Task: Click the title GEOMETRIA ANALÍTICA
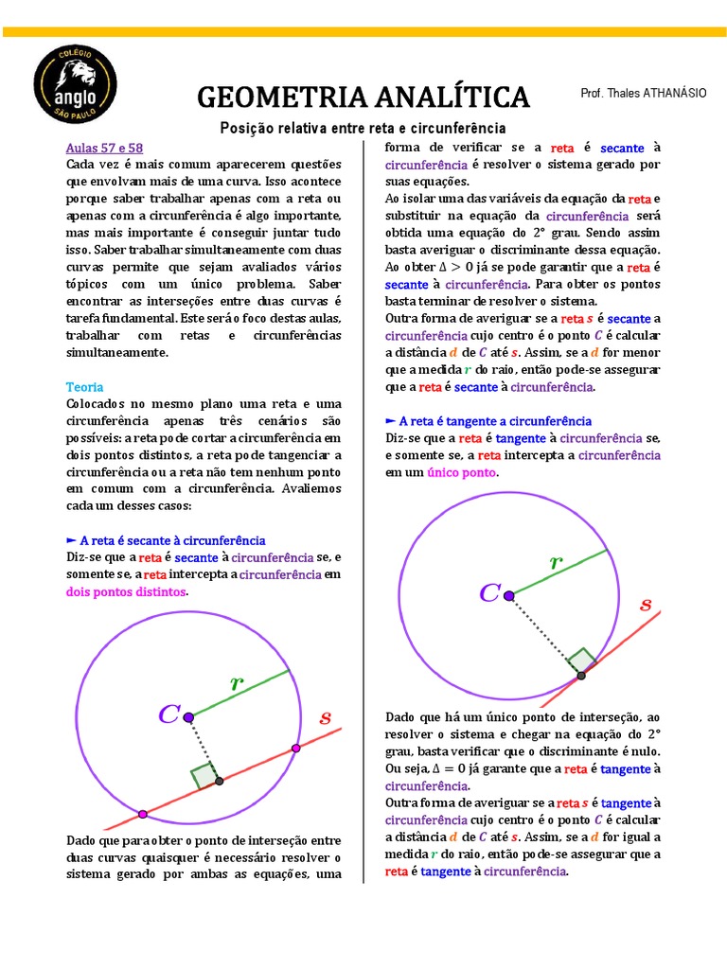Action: pos(363,97)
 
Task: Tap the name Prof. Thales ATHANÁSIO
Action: pos(643,93)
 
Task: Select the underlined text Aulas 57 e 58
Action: pos(104,149)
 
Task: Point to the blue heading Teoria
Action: pos(85,387)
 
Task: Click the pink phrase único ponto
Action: pos(461,471)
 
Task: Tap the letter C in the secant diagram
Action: pos(169,714)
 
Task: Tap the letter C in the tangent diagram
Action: pos(489,593)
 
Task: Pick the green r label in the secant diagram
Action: pos(237,681)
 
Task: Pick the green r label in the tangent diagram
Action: pos(556,561)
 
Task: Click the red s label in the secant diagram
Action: pos(325,718)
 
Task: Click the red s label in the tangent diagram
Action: pos(647,605)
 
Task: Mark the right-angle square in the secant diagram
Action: pos(204,775)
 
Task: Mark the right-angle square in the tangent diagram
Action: pos(581,659)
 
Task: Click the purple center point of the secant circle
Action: pos(188,717)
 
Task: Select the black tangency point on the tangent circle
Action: pos(581,675)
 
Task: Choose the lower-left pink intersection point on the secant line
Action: pos(143,813)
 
